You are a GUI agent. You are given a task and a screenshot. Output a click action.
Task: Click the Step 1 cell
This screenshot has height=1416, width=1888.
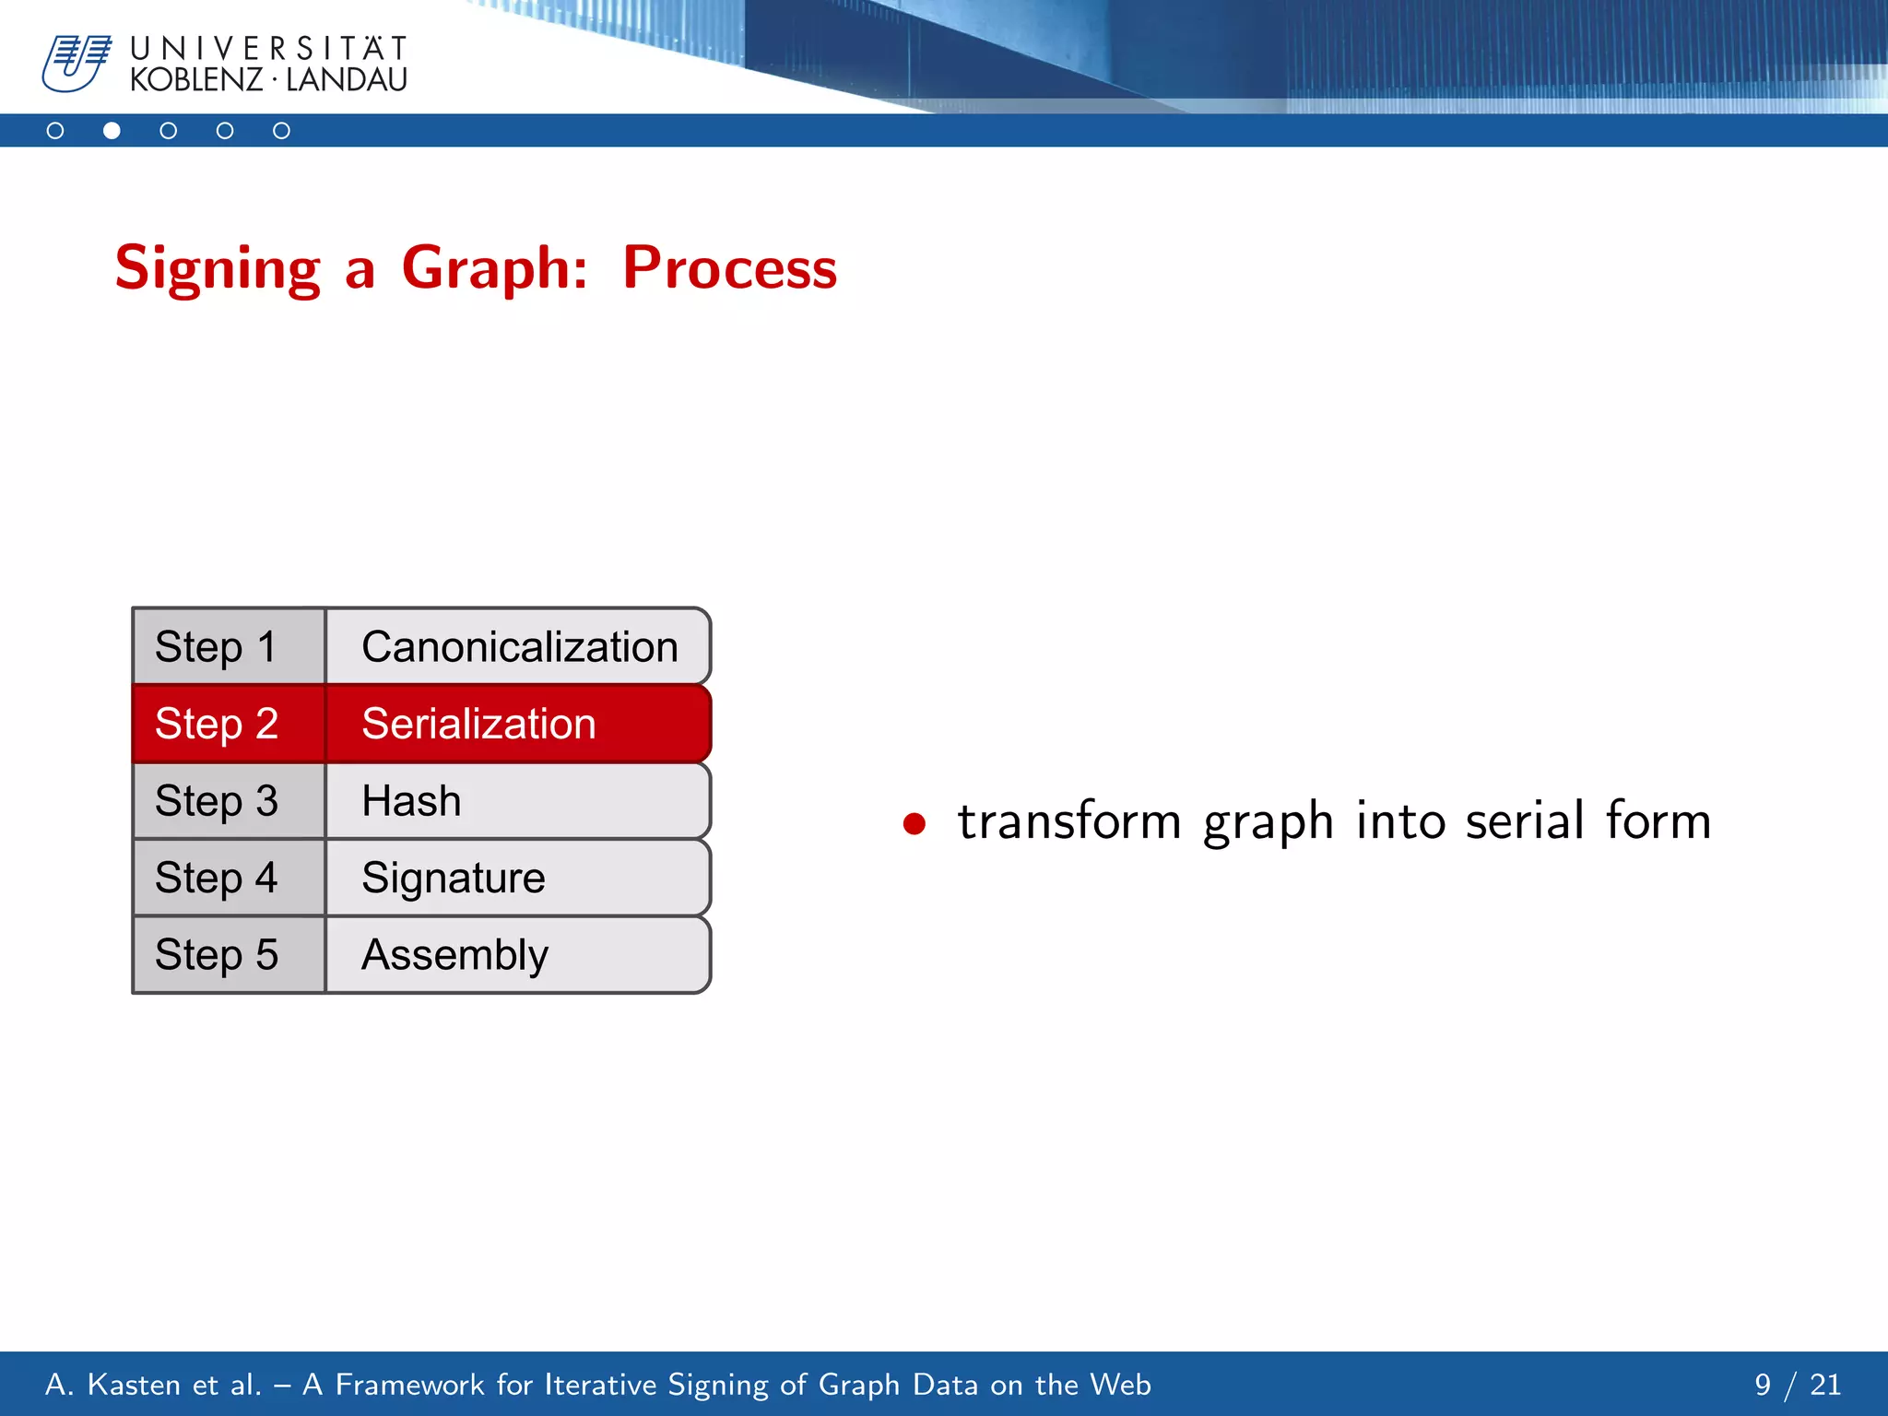pyautogui.click(x=229, y=646)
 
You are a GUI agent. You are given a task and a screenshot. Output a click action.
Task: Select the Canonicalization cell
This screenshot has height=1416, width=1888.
pyautogui.click(x=518, y=646)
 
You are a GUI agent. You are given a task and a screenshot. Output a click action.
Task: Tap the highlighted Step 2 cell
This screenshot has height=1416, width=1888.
pyautogui.click(x=229, y=724)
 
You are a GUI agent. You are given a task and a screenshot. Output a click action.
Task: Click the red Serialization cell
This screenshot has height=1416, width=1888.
pyautogui.click(x=518, y=724)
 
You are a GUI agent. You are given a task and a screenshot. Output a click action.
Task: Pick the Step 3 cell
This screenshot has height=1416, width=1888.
pyautogui.click(x=229, y=800)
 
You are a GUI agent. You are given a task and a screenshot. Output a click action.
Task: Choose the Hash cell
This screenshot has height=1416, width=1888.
pyautogui.click(x=518, y=800)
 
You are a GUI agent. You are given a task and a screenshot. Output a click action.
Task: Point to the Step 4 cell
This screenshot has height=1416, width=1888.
pyautogui.click(x=229, y=878)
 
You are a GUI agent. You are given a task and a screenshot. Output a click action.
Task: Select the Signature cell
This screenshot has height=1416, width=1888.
pyautogui.click(x=518, y=878)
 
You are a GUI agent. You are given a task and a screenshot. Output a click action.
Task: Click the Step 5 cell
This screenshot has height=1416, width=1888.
pyautogui.click(x=229, y=954)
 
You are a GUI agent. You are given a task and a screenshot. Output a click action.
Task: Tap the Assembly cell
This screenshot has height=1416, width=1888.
pyautogui.click(x=518, y=954)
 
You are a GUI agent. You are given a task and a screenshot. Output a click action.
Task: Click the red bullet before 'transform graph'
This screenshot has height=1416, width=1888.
pyautogui.click(x=914, y=823)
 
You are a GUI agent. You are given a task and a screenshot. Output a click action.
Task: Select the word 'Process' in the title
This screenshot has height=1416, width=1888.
pyautogui.click(x=729, y=268)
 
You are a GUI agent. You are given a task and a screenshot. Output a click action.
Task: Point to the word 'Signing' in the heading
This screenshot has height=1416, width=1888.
pyautogui.click(x=218, y=268)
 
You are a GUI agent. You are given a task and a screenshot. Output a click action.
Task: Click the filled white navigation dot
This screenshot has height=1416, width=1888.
pyautogui.click(x=112, y=131)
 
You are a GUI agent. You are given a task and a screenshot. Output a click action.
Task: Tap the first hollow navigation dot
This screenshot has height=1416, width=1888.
pyautogui.click(x=55, y=131)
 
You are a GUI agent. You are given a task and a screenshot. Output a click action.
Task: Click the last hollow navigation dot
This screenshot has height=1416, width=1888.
pyautogui.click(x=281, y=131)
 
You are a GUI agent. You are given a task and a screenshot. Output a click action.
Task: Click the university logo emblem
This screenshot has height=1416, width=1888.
pyautogui.click(x=77, y=63)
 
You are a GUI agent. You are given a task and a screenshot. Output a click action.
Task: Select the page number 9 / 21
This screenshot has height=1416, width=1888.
pyautogui.click(x=1797, y=1385)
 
